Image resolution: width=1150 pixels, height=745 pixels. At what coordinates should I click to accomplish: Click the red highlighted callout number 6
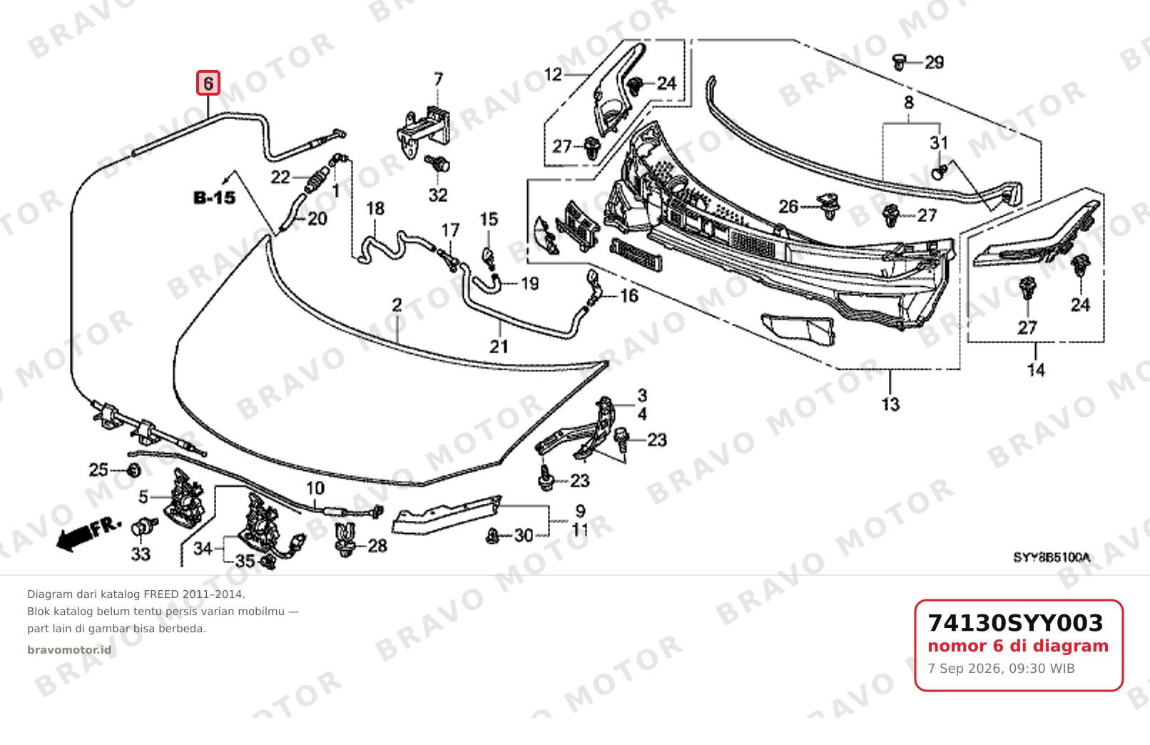[208, 83]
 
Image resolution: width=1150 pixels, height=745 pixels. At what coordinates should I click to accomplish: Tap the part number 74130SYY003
[1015, 623]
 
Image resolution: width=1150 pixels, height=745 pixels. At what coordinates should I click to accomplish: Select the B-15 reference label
[215, 197]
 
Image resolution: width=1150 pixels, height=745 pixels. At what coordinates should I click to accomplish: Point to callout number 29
[934, 63]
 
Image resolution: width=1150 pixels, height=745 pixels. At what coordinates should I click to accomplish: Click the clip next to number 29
[899, 62]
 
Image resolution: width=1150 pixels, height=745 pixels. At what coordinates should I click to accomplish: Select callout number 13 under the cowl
[891, 405]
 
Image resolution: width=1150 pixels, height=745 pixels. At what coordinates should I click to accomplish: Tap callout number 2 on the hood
[397, 305]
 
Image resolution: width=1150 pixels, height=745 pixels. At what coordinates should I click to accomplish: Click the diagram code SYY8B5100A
[1052, 557]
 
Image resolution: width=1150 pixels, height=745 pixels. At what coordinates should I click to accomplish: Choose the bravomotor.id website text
[69, 650]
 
